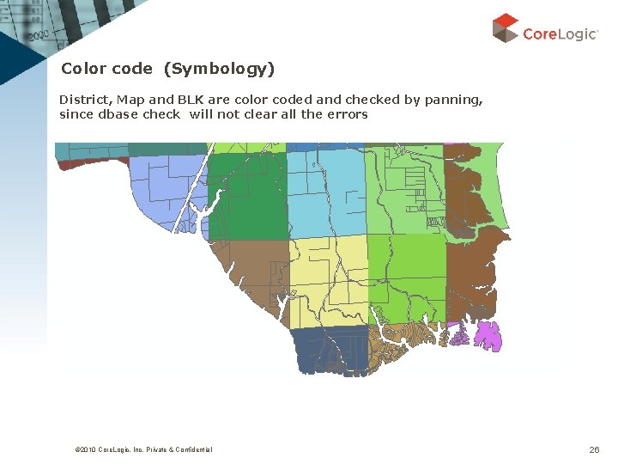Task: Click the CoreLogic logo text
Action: pos(560,34)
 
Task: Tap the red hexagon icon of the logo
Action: pos(506,27)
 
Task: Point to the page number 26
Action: pos(594,449)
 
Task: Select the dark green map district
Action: pos(251,198)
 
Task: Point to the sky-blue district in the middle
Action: pos(326,193)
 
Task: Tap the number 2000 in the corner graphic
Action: pos(39,37)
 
